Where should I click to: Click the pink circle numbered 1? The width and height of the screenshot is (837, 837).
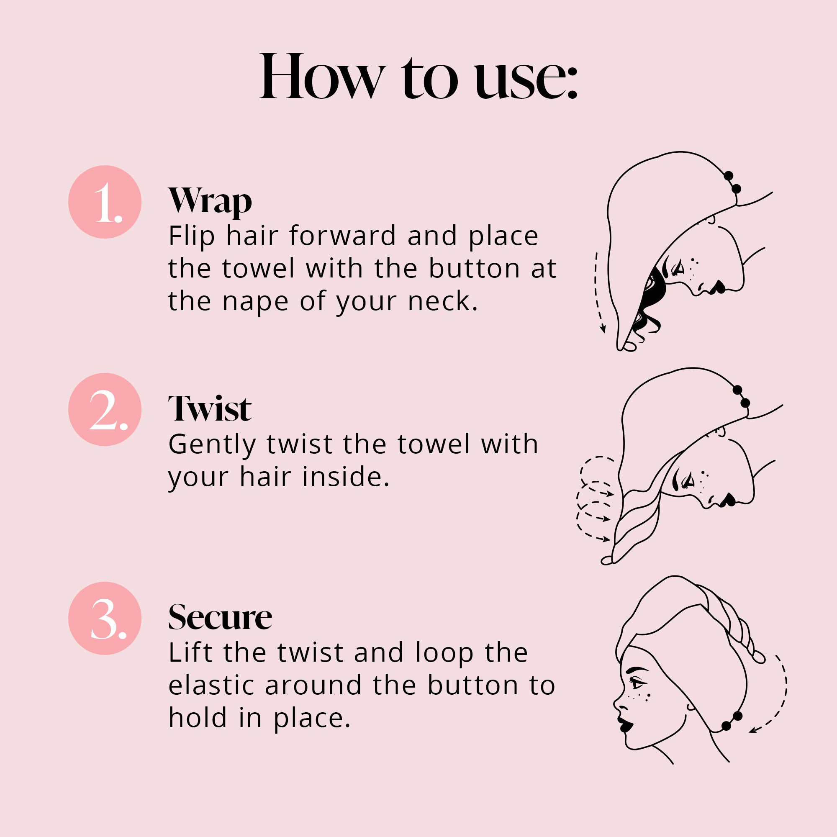tap(105, 202)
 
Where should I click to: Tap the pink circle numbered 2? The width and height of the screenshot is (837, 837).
tap(105, 409)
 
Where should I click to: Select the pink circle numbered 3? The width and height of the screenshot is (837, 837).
tap(105, 618)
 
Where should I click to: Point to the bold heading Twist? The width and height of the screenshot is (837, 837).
tap(210, 408)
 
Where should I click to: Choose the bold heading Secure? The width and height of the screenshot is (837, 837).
tap(220, 617)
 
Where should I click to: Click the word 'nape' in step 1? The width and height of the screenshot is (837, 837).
tap(255, 303)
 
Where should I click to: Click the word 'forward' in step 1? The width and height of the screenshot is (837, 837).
tap(343, 236)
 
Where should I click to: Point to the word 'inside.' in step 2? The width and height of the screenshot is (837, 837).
tap(346, 477)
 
